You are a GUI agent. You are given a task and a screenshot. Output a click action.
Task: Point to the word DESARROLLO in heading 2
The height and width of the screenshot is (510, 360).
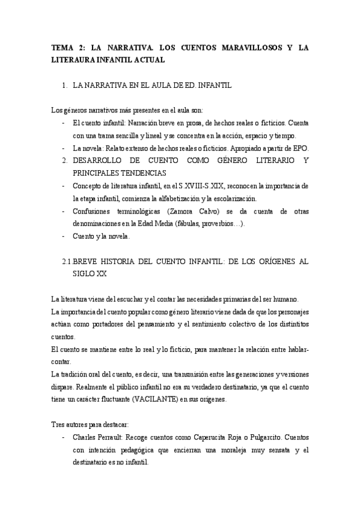click(103, 161)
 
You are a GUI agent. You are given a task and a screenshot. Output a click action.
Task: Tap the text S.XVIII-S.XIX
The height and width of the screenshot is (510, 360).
click(205, 186)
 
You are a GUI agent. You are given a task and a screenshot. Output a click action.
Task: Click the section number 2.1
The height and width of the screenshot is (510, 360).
click(67, 262)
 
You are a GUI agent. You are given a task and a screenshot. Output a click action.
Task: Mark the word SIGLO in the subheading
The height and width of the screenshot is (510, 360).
click(84, 274)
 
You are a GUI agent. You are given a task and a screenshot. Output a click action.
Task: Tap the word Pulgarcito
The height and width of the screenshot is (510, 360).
click(268, 438)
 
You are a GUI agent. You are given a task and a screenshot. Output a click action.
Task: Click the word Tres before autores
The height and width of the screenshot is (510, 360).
click(58, 425)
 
